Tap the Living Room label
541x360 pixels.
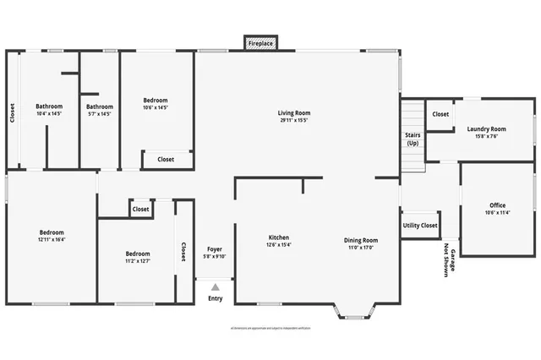point(294,117)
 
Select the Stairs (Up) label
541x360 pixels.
point(413,139)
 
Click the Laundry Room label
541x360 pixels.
point(486,133)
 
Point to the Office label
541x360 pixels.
point(497,209)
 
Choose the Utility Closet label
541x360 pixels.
point(420,226)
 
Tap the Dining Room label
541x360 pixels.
point(360,243)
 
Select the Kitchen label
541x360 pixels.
point(280,241)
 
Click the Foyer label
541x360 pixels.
point(215,252)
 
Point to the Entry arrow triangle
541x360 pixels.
point(216,287)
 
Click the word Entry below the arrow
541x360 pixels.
point(216,298)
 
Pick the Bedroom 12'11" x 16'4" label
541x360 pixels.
point(52,236)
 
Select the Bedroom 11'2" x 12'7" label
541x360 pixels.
point(138,257)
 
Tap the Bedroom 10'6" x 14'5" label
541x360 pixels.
point(156,104)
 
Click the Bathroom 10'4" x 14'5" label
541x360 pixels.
point(49,110)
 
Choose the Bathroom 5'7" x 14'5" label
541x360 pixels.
point(100,110)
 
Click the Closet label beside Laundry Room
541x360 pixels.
point(440,114)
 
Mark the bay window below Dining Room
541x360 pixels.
point(355,314)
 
